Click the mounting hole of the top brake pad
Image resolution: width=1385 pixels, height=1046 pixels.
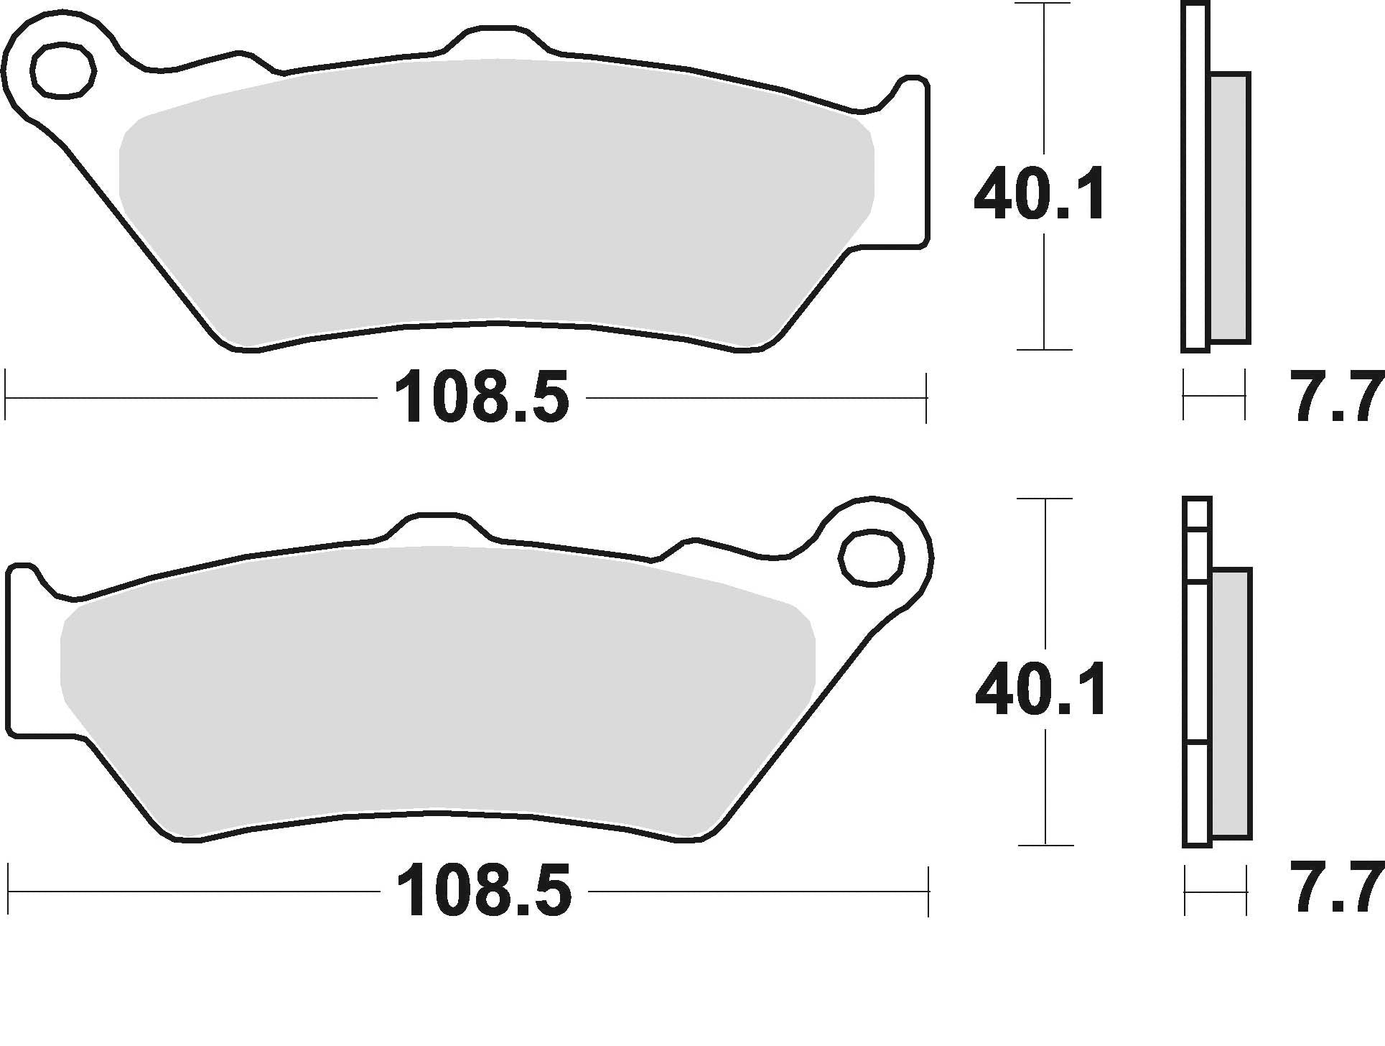tap(63, 70)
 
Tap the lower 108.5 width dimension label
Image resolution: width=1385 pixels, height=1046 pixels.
tap(484, 891)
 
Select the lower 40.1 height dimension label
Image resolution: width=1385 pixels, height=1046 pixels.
tap(1040, 690)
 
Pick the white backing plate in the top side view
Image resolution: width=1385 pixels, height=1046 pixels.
tap(1194, 180)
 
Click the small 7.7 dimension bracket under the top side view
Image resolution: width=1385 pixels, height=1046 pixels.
tap(1213, 395)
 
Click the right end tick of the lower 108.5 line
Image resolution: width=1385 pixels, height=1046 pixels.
tap(928, 891)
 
